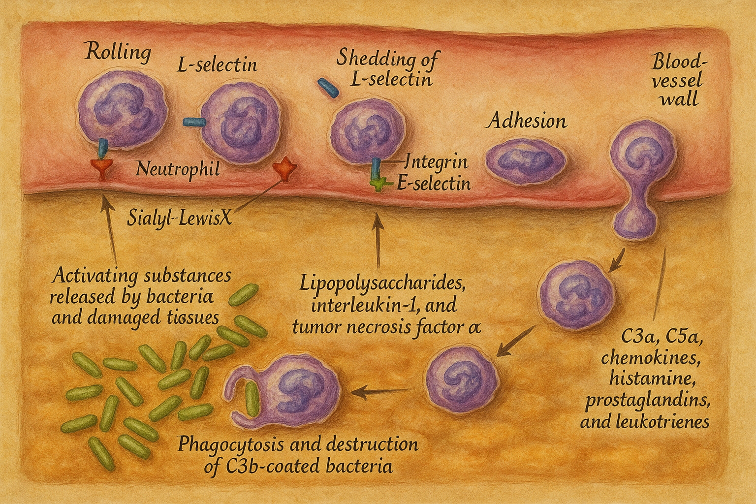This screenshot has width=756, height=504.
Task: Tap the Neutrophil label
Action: coord(177,170)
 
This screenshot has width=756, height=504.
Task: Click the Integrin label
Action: coord(437,161)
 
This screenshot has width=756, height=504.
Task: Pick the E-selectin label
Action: coord(433,184)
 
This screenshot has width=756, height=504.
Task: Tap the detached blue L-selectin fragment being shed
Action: coord(328,88)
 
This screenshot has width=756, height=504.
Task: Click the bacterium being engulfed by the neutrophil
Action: coord(252,400)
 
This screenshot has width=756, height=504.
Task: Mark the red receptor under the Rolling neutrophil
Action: coord(102,168)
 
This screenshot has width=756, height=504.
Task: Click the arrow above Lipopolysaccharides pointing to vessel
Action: coord(378,241)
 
